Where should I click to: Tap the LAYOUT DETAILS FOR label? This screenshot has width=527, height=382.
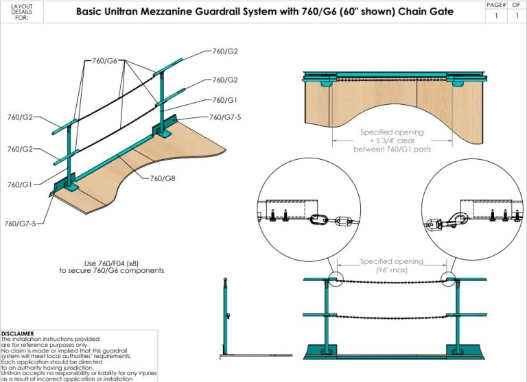pyautogui.click(x=21, y=12)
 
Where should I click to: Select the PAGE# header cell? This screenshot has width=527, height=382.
pyautogui.click(x=495, y=4)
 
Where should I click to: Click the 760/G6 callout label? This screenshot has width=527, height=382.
pyautogui.click(x=104, y=60)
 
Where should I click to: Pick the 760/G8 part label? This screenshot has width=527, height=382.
pyautogui.click(x=163, y=178)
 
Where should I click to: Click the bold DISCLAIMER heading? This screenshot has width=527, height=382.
pyautogui.click(x=18, y=333)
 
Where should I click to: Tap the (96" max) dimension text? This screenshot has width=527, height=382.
pyautogui.click(x=393, y=270)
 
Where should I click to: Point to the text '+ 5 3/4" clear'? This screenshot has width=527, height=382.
pyautogui.click(x=392, y=141)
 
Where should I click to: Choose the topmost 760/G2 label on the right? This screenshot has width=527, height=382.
pyautogui.click(x=225, y=51)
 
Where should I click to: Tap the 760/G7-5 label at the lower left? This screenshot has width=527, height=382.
pyautogui.click(x=21, y=224)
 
